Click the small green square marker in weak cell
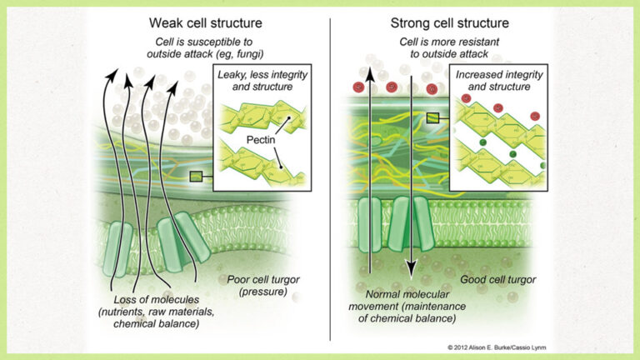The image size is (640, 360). point(196,177)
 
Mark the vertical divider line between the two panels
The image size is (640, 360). point(330,167)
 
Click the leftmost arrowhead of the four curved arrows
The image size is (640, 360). point(108,77)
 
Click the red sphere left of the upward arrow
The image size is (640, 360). point(357,87)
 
